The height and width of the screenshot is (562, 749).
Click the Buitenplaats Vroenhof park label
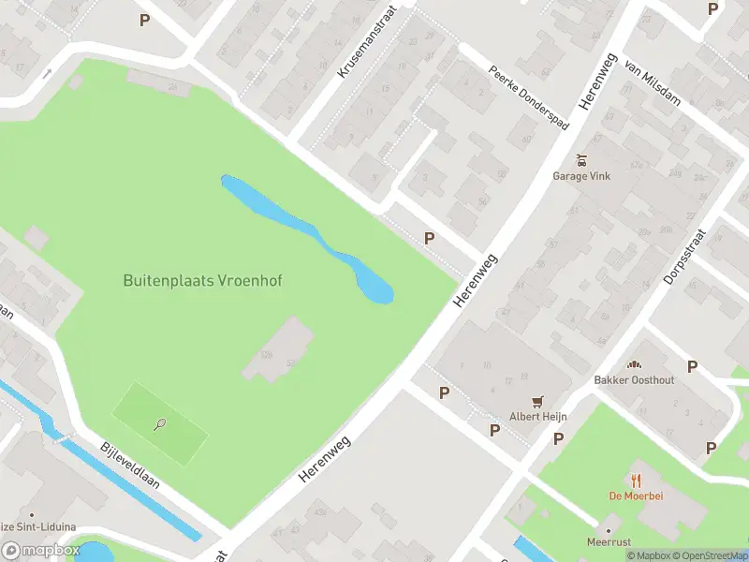click(x=202, y=280)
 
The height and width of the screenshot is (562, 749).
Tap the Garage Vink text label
click(x=582, y=175)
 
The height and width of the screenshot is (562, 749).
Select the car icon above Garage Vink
click(x=582, y=159)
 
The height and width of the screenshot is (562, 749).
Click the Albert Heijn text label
click(x=537, y=416)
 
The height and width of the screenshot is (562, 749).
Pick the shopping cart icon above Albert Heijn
click(x=537, y=400)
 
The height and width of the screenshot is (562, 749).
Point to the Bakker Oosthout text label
click(x=634, y=380)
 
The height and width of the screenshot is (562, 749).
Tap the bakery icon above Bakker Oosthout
click(x=634, y=364)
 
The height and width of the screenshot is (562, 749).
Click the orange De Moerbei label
click(x=637, y=495)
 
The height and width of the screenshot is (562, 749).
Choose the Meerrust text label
click(x=608, y=542)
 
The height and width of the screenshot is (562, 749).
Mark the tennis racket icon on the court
click(x=160, y=424)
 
